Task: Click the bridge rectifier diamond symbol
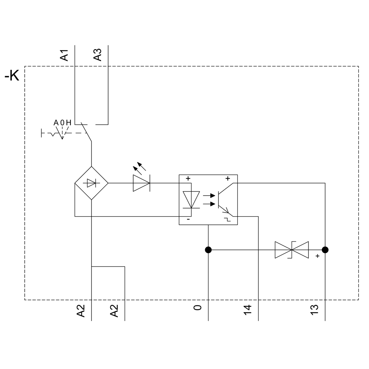(91, 183)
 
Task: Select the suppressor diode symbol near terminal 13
(292, 250)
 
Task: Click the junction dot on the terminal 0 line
(208, 250)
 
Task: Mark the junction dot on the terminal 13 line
(325, 250)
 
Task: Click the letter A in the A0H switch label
(56, 123)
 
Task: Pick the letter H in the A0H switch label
(69, 123)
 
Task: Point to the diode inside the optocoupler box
(191, 200)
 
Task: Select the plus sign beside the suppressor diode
(317, 256)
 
